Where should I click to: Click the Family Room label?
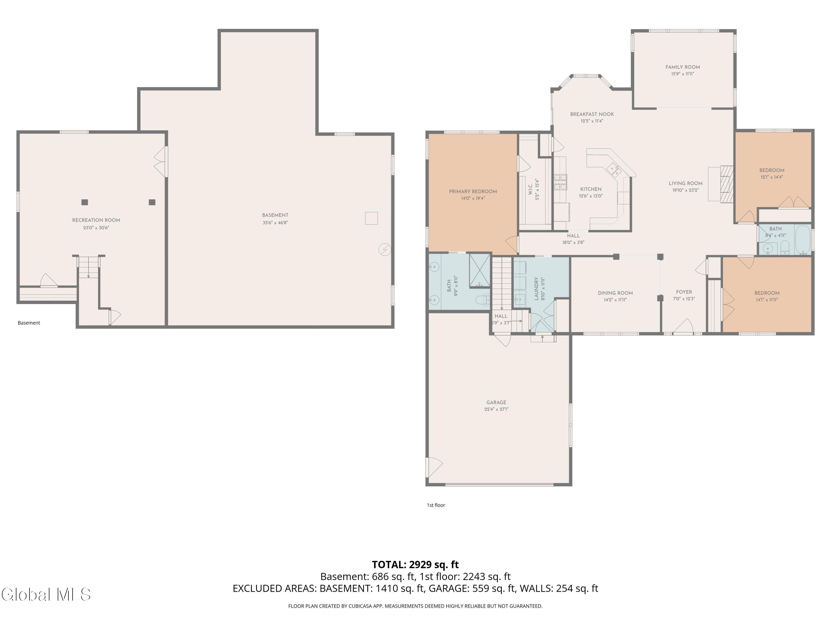(683, 67)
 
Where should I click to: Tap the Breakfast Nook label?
(592, 114)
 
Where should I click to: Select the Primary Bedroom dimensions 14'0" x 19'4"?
(473, 198)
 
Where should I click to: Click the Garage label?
(496, 402)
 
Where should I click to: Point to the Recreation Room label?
(96, 220)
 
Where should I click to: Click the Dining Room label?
(615, 293)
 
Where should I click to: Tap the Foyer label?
(684, 292)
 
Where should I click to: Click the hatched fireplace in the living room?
(727, 184)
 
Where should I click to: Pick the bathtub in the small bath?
(803, 240)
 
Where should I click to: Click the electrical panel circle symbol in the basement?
(385, 250)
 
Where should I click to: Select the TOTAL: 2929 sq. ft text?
(415, 564)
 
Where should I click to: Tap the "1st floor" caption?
(436, 505)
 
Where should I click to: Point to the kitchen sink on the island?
(615, 170)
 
